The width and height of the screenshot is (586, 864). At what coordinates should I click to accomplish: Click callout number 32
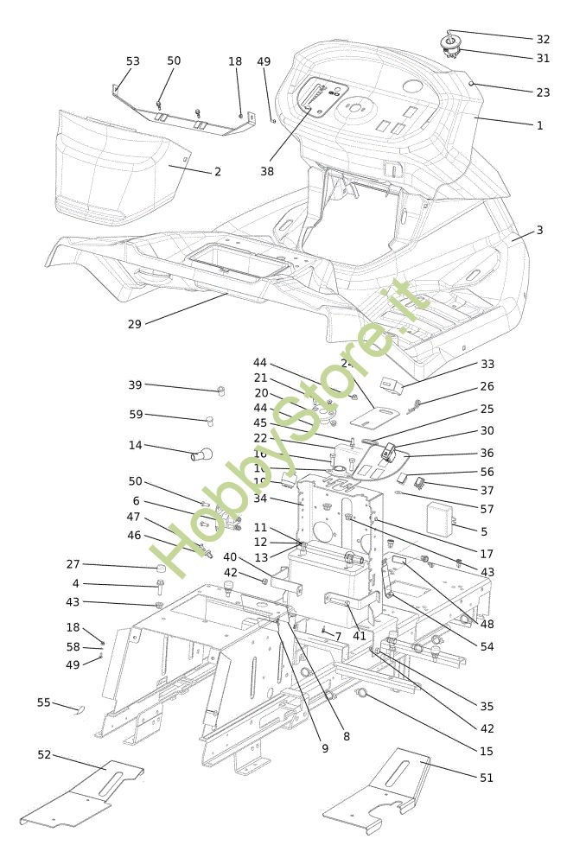pyautogui.click(x=543, y=39)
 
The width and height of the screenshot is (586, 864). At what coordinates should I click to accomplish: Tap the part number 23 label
pyautogui.click(x=543, y=92)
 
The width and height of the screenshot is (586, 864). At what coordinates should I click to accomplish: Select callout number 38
pyautogui.click(x=267, y=171)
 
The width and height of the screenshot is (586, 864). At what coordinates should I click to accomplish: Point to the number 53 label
pyautogui.click(x=133, y=61)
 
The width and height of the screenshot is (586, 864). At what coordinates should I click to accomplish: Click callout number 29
pyautogui.click(x=135, y=324)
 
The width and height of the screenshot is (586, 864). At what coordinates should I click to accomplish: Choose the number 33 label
pyautogui.click(x=487, y=365)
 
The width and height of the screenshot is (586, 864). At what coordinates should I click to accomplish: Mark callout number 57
pyautogui.click(x=487, y=509)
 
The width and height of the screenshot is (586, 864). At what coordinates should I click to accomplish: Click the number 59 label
pyautogui.click(x=136, y=415)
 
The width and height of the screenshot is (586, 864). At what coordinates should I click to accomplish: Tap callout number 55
pyautogui.click(x=44, y=702)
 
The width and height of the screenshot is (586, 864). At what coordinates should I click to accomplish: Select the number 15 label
pyautogui.click(x=487, y=752)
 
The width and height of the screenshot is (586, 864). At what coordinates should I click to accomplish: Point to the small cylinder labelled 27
pyautogui.click(x=160, y=569)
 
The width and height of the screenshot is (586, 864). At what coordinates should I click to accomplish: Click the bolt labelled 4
pyautogui.click(x=160, y=588)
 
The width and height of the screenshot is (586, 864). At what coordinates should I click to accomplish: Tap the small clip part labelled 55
pyautogui.click(x=81, y=710)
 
